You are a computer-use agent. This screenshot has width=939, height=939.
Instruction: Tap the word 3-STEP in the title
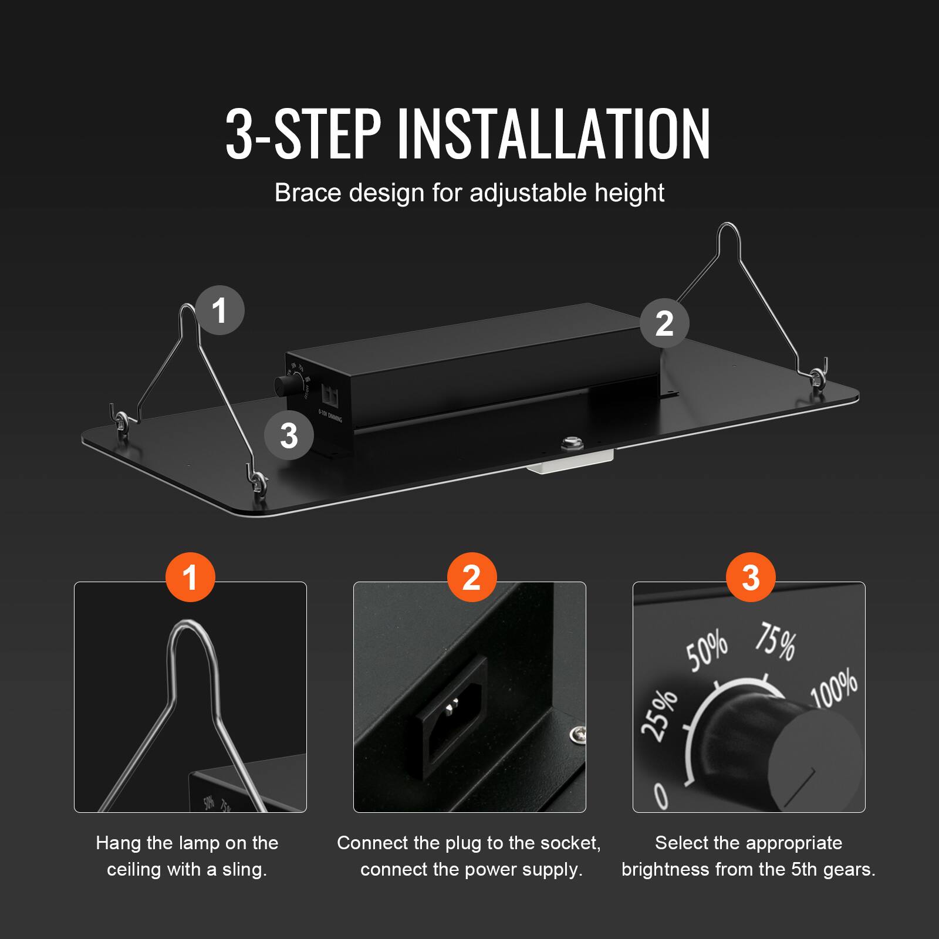click(303, 134)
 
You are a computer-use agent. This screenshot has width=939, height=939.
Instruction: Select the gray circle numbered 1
click(219, 310)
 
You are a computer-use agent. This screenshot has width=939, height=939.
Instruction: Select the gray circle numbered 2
click(664, 323)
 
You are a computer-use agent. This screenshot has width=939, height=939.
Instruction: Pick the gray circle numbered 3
click(289, 436)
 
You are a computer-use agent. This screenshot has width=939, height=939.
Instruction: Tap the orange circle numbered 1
click(190, 577)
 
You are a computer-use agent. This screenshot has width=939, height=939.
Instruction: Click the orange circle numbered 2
click(471, 577)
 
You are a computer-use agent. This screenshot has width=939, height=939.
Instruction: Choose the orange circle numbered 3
click(751, 577)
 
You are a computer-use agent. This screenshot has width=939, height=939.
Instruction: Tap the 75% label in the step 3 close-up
click(776, 642)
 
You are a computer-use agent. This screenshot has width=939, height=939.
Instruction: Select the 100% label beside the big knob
click(835, 690)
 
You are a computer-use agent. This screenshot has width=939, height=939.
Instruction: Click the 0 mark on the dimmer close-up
click(661, 796)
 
